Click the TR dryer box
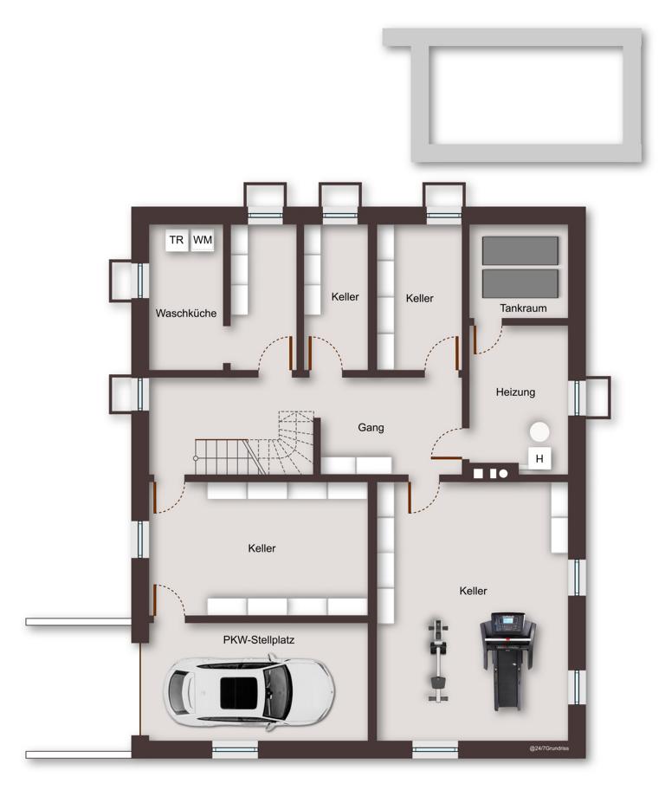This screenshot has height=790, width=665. [x=177, y=240]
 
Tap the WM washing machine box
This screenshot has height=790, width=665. [x=203, y=240]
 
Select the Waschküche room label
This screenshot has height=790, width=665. [x=186, y=313]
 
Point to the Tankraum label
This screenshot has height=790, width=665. [x=523, y=308]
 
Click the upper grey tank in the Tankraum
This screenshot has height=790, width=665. [x=520, y=250]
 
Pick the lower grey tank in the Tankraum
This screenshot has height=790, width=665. [x=520, y=283]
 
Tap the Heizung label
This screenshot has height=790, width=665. [x=515, y=392]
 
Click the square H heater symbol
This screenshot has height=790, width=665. [x=539, y=458]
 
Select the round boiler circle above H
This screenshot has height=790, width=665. [x=539, y=431]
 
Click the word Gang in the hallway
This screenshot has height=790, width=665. [x=371, y=427]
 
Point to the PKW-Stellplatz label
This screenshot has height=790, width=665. [x=258, y=640]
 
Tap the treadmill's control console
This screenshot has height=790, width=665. [x=507, y=623]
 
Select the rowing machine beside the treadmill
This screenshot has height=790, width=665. [x=438, y=659]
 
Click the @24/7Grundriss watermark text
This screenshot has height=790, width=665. [x=549, y=748]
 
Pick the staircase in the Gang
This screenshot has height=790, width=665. [x=255, y=444]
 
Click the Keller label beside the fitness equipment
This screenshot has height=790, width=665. [x=473, y=591]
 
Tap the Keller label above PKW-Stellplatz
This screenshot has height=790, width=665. [x=261, y=547]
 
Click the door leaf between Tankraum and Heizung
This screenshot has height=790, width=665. [x=475, y=339]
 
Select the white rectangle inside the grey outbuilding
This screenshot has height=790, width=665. [x=527, y=95]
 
